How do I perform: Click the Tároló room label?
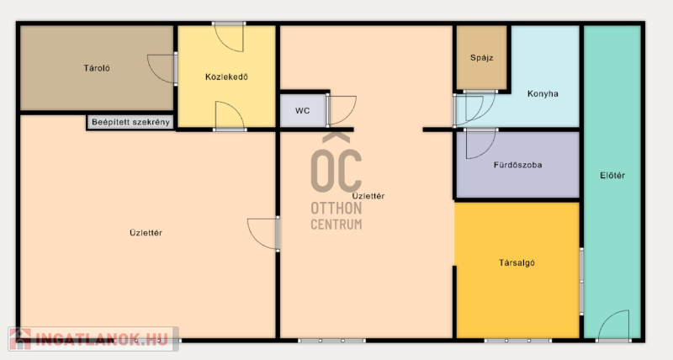[x=97, y=68]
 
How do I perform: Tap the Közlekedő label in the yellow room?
[x=226, y=77]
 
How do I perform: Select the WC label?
[x=302, y=111]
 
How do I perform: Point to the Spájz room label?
[x=481, y=58]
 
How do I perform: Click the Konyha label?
[x=543, y=93]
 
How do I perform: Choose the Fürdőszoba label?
[x=517, y=165]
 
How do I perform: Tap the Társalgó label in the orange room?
[x=517, y=262]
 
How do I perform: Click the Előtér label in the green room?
[x=612, y=175]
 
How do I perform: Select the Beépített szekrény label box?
[x=130, y=122]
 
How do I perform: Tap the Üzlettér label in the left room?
[x=146, y=233]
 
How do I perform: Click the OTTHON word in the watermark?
[x=336, y=209]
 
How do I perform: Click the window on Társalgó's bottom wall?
[x=518, y=341]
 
